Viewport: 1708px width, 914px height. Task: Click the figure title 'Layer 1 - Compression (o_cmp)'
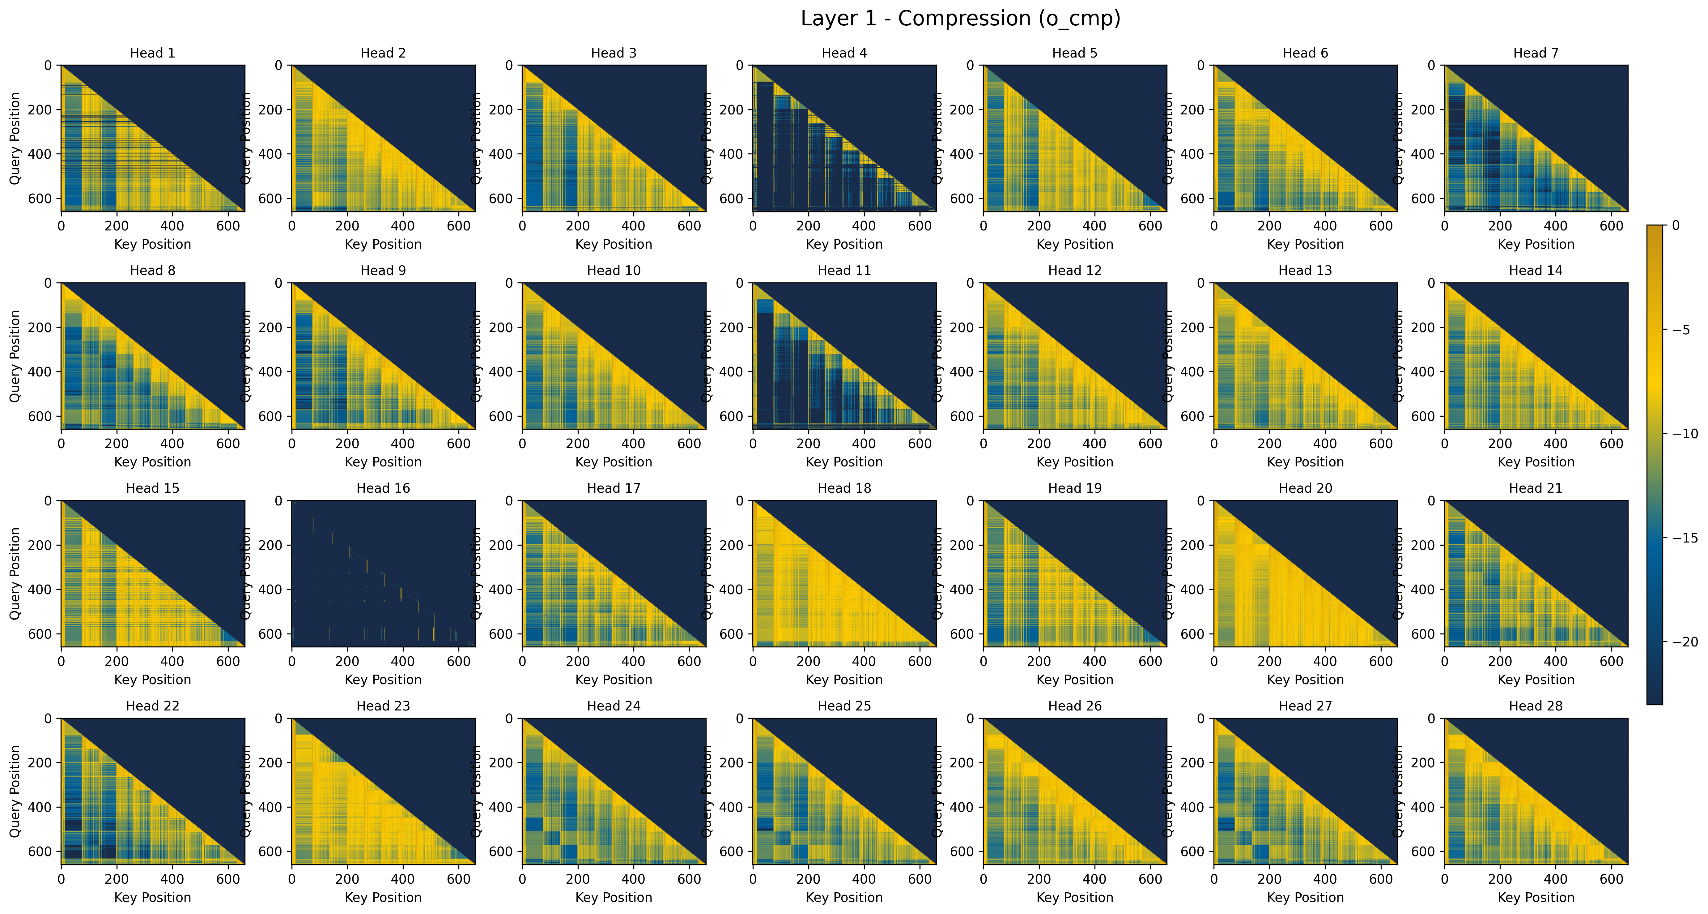(960, 19)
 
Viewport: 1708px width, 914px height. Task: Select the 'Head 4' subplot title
(844, 53)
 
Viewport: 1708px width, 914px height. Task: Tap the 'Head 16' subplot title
(383, 488)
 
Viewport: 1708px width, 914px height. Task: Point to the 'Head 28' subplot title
(1536, 706)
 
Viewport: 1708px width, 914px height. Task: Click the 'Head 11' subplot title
(844, 271)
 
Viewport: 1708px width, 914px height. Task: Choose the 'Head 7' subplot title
(1536, 53)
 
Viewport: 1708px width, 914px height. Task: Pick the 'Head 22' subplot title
(152, 706)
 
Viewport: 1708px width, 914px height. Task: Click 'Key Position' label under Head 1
(152, 244)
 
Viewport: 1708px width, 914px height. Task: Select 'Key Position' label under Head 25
(844, 897)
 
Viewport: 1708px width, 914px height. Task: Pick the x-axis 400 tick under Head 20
(1325, 661)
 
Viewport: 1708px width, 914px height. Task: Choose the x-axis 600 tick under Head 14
(1611, 444)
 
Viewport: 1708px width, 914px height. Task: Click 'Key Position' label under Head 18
(844, 680)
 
